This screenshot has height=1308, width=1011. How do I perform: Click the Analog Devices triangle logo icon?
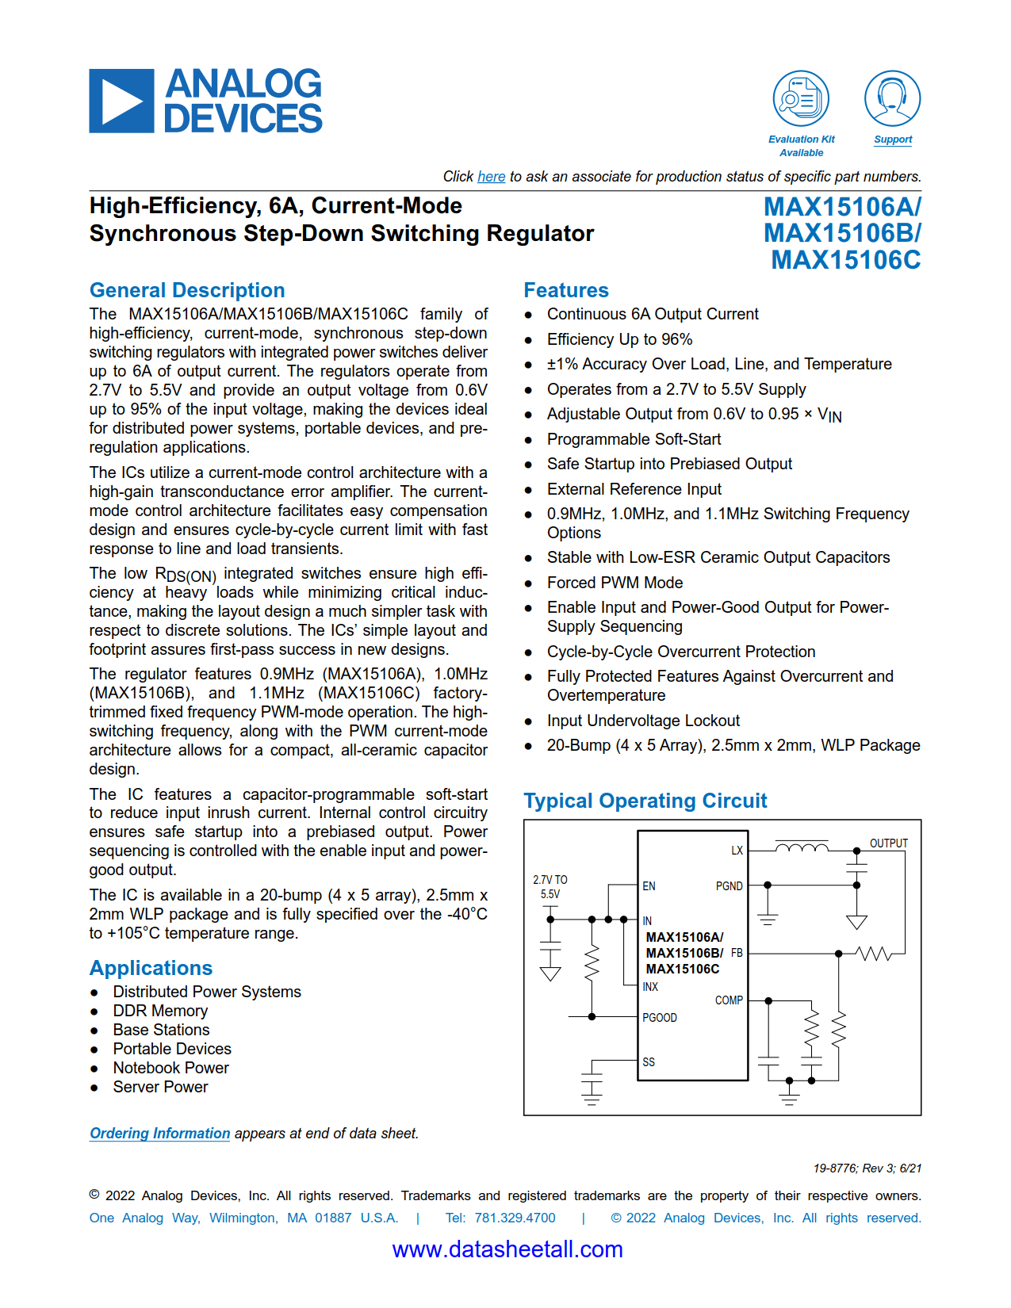point(121,101)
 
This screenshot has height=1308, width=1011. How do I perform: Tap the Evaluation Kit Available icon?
point(801,98)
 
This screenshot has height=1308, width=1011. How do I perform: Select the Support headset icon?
point(892,98)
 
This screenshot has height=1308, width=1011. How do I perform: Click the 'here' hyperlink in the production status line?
point(491,177)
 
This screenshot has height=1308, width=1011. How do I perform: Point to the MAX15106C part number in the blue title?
point(845,260)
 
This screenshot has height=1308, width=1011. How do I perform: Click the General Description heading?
point(186,290)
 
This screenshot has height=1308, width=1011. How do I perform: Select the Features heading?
point(565,290)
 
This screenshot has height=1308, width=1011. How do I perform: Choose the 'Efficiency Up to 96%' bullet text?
point(619,339)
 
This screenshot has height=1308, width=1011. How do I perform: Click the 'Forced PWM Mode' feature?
point(615,583)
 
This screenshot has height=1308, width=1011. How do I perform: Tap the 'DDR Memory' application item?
point(160,1011)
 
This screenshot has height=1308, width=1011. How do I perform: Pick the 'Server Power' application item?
point(160,1087)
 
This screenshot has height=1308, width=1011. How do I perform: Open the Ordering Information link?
point(159,1134)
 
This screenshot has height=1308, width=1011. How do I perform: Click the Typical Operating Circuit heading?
point(645,801)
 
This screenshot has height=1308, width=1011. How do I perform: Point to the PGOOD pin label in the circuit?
point(659,1018)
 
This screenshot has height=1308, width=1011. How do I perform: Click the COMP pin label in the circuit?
point(728,1000)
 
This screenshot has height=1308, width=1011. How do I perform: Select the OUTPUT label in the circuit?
point(888,843)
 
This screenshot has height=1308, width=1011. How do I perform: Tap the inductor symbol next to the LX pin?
point(801,848)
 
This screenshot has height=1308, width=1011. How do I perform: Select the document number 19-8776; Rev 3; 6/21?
point(867,1168)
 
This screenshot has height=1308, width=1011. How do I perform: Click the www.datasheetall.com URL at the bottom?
point(507,1249)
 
